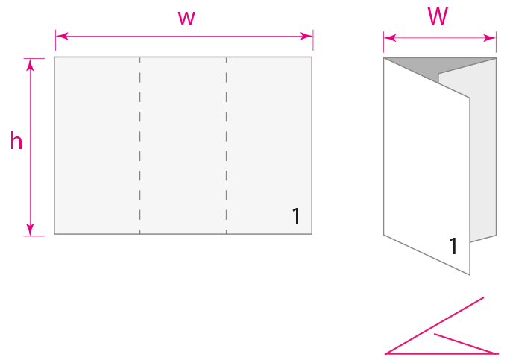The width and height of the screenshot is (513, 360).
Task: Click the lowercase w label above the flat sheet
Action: pos(186,19)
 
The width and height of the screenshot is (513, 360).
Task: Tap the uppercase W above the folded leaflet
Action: pos(438,17)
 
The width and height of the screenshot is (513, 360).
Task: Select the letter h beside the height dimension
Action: pos(16,142)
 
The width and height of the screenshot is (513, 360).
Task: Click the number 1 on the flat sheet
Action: pos(296,217)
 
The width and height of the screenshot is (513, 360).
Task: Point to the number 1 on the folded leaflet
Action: pos(453,247)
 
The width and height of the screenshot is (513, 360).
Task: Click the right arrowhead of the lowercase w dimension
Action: pos(306,37)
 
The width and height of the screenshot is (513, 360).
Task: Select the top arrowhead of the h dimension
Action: pos(31,64)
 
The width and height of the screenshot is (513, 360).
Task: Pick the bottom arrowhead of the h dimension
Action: pos(31,229)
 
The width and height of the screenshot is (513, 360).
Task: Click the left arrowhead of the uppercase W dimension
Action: pos(389,37)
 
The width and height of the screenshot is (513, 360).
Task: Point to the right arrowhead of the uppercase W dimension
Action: pos(491,37)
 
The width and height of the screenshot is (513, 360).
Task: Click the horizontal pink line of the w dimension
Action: pos(134,37)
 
